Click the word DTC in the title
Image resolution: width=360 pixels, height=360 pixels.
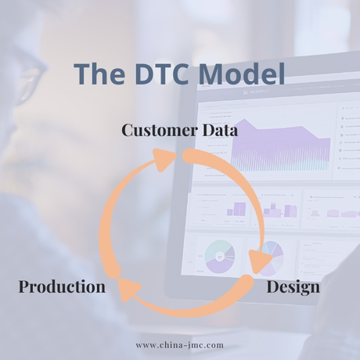[x=160, y=74]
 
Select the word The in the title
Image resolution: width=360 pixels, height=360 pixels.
[x=99, y=74]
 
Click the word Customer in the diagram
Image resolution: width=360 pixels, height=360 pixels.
[x=159, y=130]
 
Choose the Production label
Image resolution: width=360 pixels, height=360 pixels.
[x=62, y=286]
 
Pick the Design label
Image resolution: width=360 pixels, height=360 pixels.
[x=293, y=286]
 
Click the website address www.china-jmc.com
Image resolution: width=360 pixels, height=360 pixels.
[x=179, y=344]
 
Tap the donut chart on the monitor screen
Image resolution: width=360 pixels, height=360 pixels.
[x=220, y=255]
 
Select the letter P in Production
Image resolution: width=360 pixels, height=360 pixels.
[x=23, y=286]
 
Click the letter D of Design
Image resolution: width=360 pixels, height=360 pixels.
[x=272, y=286]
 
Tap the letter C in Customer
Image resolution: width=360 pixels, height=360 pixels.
[x=128, y=130]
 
